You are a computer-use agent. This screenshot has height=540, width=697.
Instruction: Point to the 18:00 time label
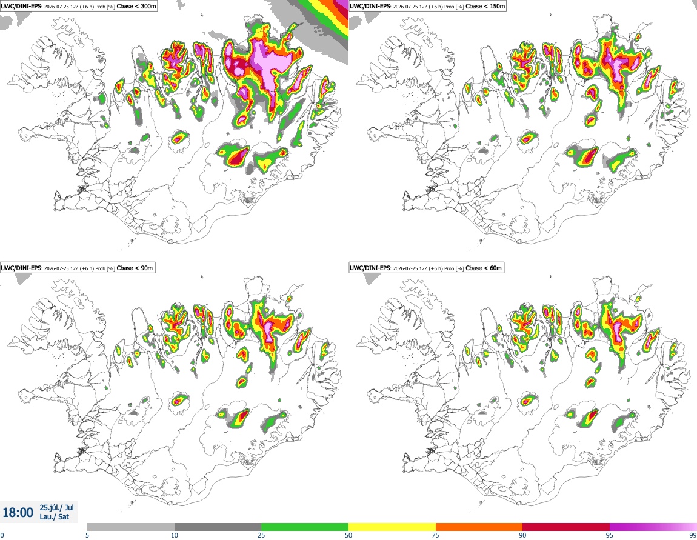coord(18,513)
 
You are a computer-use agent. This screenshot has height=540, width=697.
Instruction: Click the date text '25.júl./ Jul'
coord(56,507)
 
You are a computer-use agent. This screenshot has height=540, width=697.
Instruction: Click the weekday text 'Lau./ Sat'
coord(54,517)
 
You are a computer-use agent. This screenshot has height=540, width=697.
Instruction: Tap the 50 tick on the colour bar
coord(348,535)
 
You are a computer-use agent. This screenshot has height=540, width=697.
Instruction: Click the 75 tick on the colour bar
coord(436,535)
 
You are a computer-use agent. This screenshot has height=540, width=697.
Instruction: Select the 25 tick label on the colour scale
coord(261,535)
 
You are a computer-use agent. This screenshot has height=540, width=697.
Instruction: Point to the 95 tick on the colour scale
coord(610,535)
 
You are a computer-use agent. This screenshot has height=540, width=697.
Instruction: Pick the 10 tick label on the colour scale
coord(175,535)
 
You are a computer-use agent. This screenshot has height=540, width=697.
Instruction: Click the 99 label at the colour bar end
coord(693,535)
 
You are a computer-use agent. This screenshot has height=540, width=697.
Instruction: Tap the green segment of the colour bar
coord(305,527)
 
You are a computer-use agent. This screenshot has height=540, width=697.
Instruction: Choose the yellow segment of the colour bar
coord(392,527)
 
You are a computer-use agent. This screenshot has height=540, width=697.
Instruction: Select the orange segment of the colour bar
coord(479,527)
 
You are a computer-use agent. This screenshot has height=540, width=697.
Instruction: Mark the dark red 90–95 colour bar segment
coord(566,527)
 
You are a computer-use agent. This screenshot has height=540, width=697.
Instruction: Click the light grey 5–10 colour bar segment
coord(131,527)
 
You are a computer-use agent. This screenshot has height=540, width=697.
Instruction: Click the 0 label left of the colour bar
coord(2,535)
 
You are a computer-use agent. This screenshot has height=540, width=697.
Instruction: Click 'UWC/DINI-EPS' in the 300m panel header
coord(21,6)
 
